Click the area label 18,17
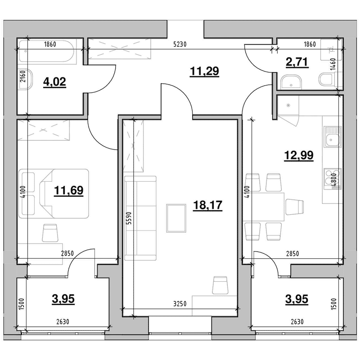207,205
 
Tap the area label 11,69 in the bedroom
69,190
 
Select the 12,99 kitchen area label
299,155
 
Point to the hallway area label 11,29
204,71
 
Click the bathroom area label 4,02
54,82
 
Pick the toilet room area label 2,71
297,62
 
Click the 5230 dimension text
180,44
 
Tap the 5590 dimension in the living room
129,218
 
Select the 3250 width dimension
180,304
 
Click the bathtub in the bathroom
47,51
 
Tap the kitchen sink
333,137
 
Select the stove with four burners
333,179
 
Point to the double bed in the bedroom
54,193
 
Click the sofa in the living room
140,218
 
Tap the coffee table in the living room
176,218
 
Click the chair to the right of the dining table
295,207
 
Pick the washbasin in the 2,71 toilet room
291,82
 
